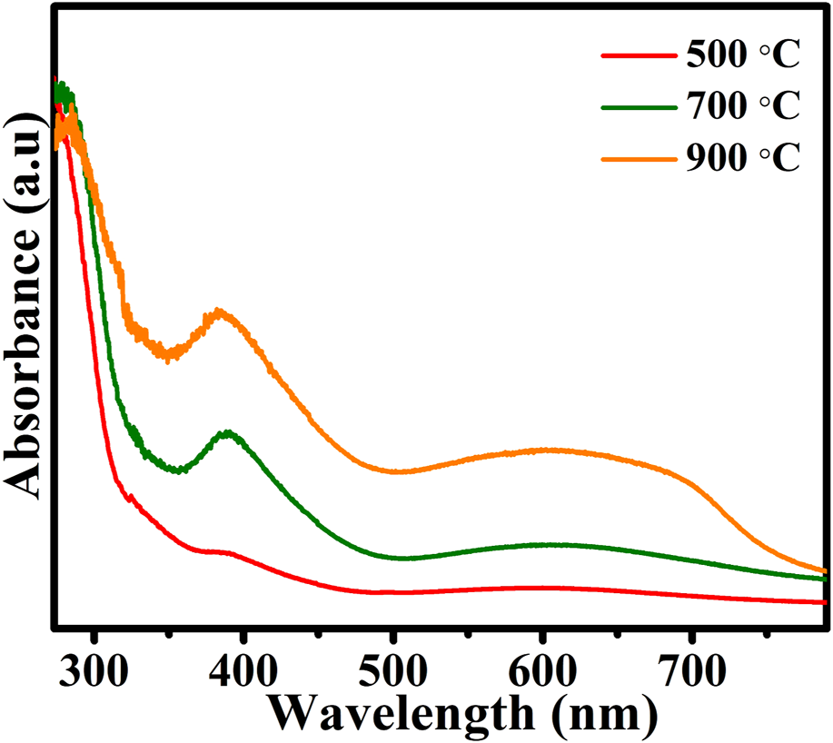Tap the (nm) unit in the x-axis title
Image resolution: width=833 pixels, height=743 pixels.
point(596,714)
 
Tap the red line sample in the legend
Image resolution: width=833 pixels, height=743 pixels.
point(636,56)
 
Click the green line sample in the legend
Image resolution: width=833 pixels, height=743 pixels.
point(636,107)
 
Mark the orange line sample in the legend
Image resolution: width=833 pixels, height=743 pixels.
point(636,158)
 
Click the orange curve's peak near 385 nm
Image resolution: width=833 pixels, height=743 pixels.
point(219,313)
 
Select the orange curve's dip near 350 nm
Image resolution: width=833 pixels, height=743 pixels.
point(169,355)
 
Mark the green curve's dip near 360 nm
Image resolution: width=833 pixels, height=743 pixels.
point(182,471)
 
